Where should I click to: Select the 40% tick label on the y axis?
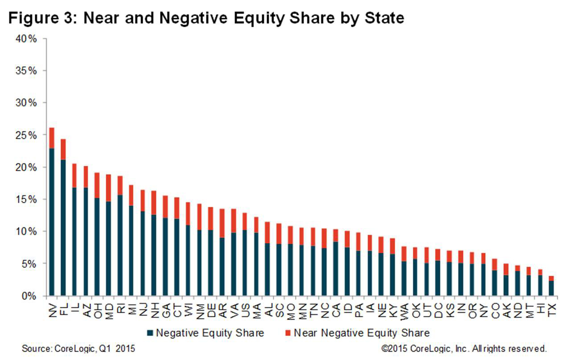pos(27,39)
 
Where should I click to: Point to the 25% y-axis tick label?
pos(27,135)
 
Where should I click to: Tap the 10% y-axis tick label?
pos(27,232)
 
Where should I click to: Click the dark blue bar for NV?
pos(52,223)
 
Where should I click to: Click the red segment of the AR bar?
pos(222,223)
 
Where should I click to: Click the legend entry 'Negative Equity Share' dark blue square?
pos(151,333)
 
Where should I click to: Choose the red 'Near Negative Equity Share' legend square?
pos(287,333)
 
